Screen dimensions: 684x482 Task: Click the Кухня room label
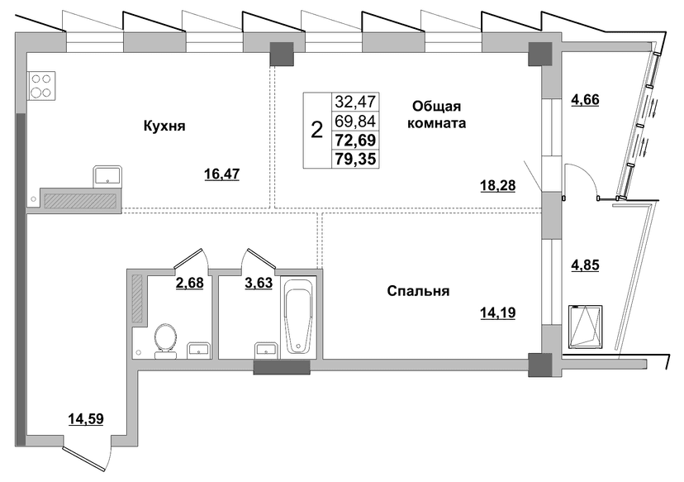(164, 126)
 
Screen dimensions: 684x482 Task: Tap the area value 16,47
(222, 174)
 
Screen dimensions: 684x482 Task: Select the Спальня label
(418, 291)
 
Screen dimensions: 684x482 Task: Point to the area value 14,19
(498, 313)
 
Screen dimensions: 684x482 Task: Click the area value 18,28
(498, 185)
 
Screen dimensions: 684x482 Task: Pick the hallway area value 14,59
(86, 419)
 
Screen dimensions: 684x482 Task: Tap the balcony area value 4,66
(586, 99)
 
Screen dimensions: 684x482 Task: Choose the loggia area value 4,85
(586, 265)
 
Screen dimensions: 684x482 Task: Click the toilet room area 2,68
(190, 283)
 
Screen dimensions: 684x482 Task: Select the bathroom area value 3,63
(259, 283)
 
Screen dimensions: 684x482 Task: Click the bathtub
(298, 315)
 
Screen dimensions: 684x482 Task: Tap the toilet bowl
(166, 341)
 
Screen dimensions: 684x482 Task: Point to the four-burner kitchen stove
(42, 86)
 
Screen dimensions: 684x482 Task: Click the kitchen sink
(107, 177)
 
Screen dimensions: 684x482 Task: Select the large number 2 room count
(316, 130)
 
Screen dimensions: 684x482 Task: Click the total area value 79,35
(355, 159)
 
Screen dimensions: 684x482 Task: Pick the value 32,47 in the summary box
(355, 102)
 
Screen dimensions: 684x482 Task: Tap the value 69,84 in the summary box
(355, 121)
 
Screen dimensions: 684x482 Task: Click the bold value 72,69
(355, 141)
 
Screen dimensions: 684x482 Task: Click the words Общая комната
(437, 115)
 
